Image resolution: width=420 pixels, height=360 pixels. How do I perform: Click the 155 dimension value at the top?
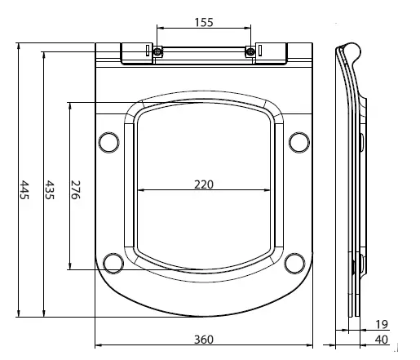(x=204, y=23)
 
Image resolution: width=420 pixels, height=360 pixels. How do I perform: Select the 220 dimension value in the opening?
(x=203, y=184)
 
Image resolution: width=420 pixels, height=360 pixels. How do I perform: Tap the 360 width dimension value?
(x=204, y=339)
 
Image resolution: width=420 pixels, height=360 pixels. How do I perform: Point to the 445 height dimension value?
(x=24, y=189)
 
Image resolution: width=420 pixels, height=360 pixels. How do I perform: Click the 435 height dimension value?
(x=50, y=189)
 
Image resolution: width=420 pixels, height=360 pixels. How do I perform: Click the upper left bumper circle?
(x=108, y=142)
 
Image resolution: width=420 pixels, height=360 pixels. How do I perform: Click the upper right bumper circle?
(x=299, y=142)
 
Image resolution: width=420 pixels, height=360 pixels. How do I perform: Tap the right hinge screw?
(x=250, y=53)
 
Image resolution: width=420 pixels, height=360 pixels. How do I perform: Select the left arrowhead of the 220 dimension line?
(x=142, y=190)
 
